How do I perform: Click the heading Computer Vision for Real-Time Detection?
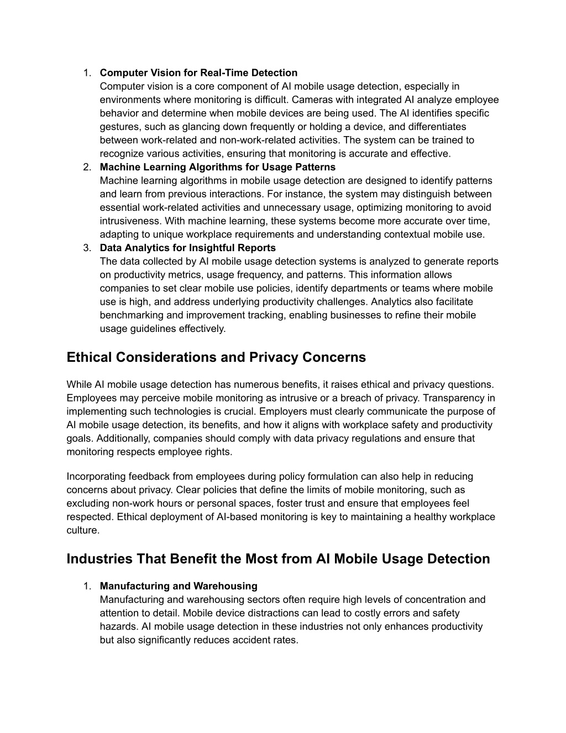pyautogui.click(x=198, y=72)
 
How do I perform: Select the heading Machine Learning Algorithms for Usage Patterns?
pyautogui.click(x=217, y=167)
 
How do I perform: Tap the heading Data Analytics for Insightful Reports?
pyautogui.click(x=187, y=248)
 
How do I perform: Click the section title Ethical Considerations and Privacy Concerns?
pyautogui.click(x=216, y=357)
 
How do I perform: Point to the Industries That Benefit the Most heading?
pyautogui.click(x=278, y=559)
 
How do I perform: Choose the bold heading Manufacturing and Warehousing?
pyautogui.click(x=179, y=586)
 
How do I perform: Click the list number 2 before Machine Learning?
pyautogui.click(x=87, y=167)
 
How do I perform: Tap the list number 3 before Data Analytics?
pyautogui.click(x=87, y=248)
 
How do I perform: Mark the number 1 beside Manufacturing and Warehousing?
pyautogui.click(x=87, y=586)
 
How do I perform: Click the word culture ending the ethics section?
pyautogui.click(x=82, y=530)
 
